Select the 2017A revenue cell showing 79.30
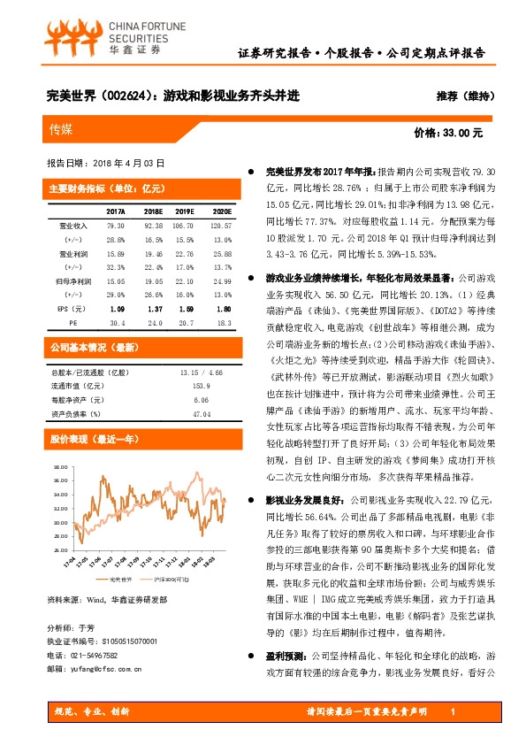[115, 227]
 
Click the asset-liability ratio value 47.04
[202, 413]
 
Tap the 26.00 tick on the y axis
[60, 534]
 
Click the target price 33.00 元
[449, 133]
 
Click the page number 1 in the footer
[453, 711]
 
